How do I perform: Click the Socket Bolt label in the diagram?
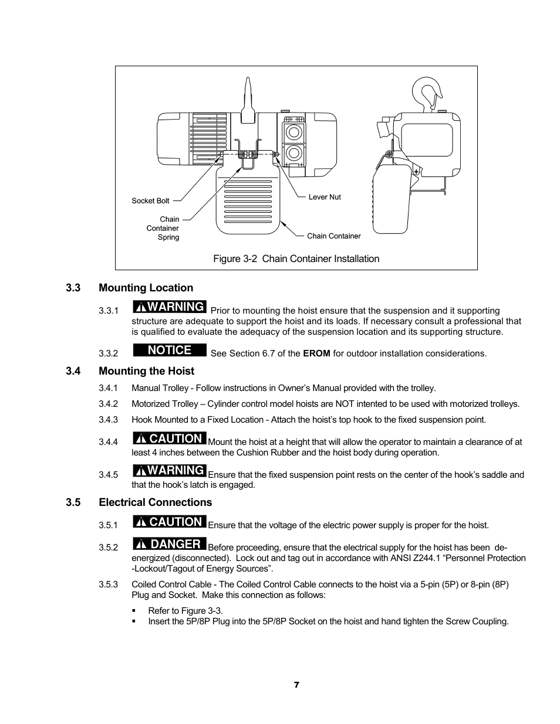click(150, 200)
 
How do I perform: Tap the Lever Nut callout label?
click(325, 197)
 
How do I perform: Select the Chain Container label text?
click(333, 236)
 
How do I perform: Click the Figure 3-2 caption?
click(296, 259)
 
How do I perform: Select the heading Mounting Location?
click(146, 288)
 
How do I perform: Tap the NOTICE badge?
click(170, 350)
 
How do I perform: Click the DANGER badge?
click(170, 544)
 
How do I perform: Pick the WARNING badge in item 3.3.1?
click(170, 307)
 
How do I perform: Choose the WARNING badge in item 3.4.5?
click(170, 470)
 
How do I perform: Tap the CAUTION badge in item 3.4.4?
click(170, 439)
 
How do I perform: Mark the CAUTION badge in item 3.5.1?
click(170, 522)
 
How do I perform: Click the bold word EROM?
click(316, 353)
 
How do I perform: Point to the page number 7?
click(296, 685)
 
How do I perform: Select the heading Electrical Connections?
click(155, 502)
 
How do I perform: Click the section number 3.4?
click(73, 371)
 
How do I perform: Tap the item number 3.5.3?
click(108, 584)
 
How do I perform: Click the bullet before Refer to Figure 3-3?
click(134, 611)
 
